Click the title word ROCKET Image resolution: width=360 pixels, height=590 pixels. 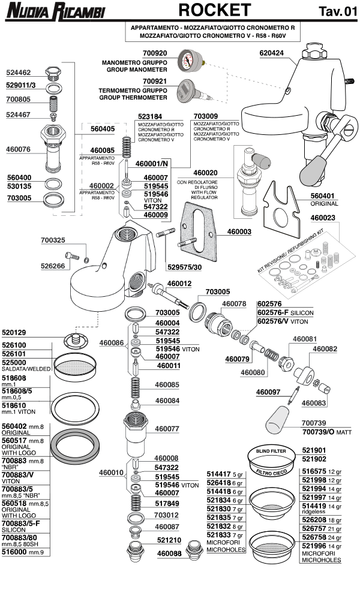[x=215, y=10]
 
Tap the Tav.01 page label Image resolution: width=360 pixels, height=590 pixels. [x=338, y=12]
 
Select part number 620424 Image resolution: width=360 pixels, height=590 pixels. [x=272, y=52]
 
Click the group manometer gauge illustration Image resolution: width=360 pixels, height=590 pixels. [x=188, y=62]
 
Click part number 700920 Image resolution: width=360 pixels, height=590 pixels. [x=155, y=53]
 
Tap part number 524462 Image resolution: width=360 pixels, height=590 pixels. [x=19, y=73]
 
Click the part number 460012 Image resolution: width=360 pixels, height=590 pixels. [x=179, y=283]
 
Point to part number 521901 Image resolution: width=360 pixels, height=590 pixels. [x=314, y=450]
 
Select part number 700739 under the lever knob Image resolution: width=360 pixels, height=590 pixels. [x=314, y=423]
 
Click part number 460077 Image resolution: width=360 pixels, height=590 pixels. [x=169, y=429]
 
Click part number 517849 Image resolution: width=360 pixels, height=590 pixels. [x=169, y=502]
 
